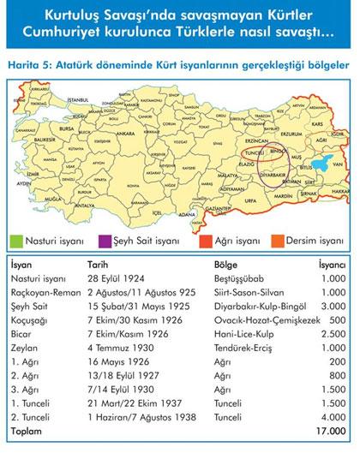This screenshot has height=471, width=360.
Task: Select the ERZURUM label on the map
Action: (291, 133)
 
